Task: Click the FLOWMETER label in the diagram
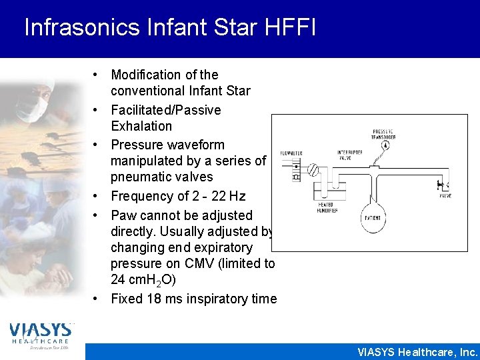coord(291,153)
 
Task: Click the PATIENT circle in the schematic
coord(371,217)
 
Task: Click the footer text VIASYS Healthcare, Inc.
coord(417,352)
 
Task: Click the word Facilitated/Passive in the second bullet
coord(166,110)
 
